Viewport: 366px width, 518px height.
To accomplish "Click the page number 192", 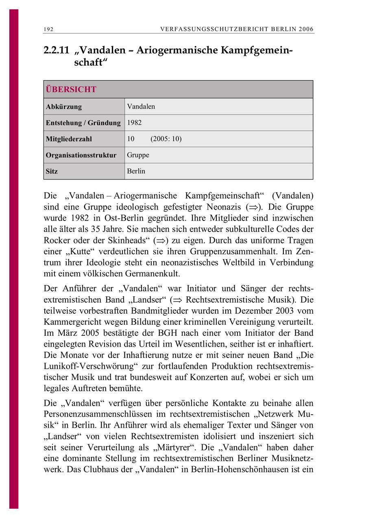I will (48, 29).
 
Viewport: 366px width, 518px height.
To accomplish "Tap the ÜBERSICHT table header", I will (71, 90).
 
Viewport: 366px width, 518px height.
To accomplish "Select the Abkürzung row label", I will (64, 107).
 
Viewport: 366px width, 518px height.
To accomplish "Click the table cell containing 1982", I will (135, 122).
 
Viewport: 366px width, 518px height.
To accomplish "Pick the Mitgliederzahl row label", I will (69, 139).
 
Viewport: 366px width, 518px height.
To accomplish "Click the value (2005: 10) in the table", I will (166, 139).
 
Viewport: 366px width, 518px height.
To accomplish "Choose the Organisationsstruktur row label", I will (81, 155).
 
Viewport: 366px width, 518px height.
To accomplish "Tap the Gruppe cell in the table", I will (138, 155).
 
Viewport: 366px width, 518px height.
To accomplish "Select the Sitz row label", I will (52, 171).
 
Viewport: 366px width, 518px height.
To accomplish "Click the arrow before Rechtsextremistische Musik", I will (177, 300).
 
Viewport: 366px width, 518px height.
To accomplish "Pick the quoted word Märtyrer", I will (173, 447).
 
